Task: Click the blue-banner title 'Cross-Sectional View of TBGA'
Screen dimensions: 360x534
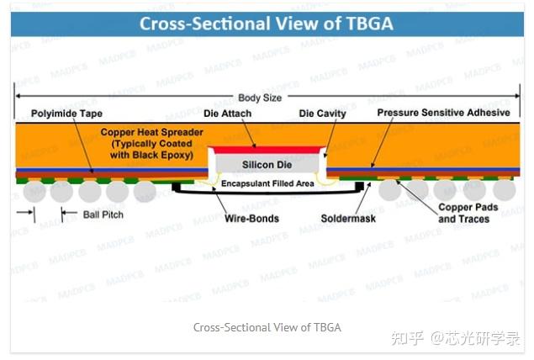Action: click(x=267, y=23)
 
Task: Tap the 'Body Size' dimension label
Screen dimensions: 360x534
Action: click(x=261, y=98)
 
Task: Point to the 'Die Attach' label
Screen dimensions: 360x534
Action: click(x=227, y=113)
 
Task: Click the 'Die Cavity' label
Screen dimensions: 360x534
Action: click(x=323, y=113)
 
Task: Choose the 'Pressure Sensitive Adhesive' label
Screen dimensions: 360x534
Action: click(x=443, y=113)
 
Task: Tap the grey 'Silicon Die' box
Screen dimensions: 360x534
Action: click(x=267, y=164)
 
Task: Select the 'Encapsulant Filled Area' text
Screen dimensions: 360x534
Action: click(x=267, y=183)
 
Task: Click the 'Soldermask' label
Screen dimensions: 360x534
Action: click(x=349, y=219)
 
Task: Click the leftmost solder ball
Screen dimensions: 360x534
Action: click(x=34, y=191)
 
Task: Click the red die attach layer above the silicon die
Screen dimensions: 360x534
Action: click(x=267, y=149)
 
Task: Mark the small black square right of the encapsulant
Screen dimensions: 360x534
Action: click(x=360, y=185)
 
